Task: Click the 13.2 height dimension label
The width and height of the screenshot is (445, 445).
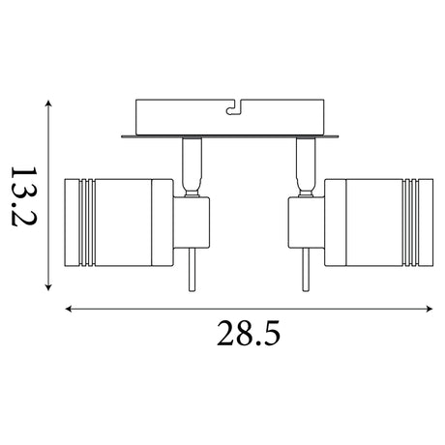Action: click(x=24, y=196)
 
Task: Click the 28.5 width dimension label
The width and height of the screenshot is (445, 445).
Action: click(x=249, y=334)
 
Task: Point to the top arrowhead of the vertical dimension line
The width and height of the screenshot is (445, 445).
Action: click(x=48, y=104)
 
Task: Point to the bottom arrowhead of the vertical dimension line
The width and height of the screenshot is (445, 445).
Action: click(x=48, y=287)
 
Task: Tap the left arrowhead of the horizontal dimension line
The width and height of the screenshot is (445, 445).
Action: click(x=69, y=309)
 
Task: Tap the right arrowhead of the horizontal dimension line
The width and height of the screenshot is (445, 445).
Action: click(x=429, y=309)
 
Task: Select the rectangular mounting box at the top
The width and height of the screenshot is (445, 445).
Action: click(x=229, y=117)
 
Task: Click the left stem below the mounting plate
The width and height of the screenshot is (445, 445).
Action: click(x=192, y=166)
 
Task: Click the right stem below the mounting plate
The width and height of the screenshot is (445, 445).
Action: click(x=305, y=166)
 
